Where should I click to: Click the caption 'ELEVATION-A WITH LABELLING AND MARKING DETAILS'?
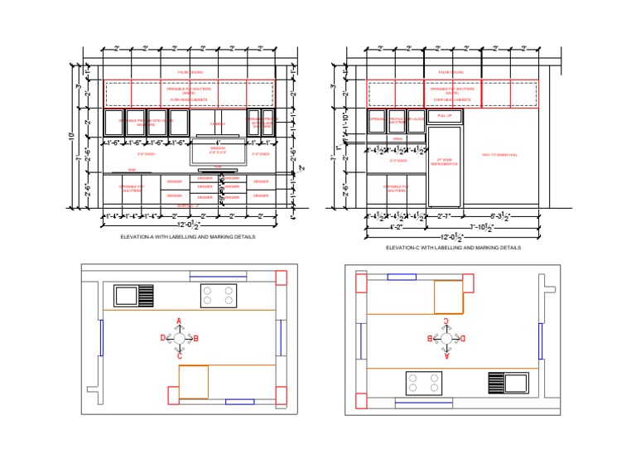coord(188,237)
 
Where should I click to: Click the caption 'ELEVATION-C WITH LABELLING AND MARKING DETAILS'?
coord(453,247)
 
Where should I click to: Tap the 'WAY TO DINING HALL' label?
coord(499,155)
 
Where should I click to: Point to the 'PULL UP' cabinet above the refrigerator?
coord(443,116)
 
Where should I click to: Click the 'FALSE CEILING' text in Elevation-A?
coord(190,73)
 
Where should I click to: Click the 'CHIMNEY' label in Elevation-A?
coord(218,123)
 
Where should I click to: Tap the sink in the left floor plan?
coord(133,295)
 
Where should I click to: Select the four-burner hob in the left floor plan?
coord(219,295)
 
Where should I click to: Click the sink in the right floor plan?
coord(508,383)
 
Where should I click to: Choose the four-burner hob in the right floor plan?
coord(424,384)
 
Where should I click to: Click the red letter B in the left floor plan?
coord(196,338)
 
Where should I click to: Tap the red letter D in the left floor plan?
coord(162,338)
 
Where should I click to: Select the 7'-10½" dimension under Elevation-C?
coord(483,226)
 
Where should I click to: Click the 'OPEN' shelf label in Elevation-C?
coord(397,138)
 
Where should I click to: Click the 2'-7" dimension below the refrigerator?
coord(444,216)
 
